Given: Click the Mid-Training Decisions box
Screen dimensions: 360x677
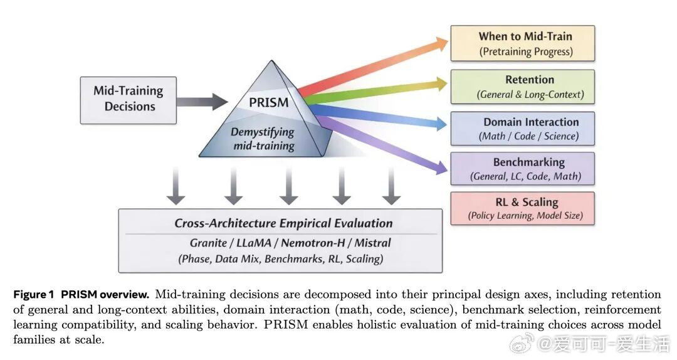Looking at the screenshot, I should click(128, 100).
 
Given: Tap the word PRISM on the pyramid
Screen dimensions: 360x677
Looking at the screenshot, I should click(269, 102).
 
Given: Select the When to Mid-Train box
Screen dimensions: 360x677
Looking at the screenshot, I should click(522, 43).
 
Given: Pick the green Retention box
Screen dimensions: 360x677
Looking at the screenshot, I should click(522, 87).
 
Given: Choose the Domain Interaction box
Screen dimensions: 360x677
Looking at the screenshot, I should click(522, 129).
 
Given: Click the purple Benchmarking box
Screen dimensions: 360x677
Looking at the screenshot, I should click(522, 169).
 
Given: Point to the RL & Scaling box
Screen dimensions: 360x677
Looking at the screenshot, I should click(522, 208).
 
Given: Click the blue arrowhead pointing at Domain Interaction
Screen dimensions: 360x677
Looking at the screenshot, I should click(440, 125).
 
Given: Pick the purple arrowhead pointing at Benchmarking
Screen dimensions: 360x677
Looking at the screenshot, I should click(440, 166).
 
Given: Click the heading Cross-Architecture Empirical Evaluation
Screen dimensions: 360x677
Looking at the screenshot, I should click(283, 223).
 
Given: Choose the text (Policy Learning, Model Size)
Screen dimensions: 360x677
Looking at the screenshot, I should click(525, 216).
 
